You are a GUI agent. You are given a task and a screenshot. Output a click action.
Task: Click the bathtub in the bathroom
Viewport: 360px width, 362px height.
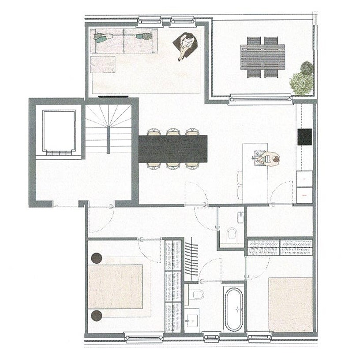(233, 309)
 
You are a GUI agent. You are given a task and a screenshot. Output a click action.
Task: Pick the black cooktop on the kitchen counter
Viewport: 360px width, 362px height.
(305, 137)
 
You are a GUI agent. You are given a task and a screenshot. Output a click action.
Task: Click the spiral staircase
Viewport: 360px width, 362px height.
(109, 128)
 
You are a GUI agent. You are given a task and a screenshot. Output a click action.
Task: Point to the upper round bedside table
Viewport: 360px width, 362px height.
(97, 258)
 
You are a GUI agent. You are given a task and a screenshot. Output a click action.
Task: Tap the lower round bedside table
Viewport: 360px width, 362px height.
(97, 315)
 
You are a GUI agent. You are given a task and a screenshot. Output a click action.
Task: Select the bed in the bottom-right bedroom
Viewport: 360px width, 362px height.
(290, 304)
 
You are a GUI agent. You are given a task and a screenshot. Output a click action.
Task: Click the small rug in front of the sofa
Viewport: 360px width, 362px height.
(103, 64)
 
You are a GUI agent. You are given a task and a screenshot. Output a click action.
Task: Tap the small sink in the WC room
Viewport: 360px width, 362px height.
(240, 217)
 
